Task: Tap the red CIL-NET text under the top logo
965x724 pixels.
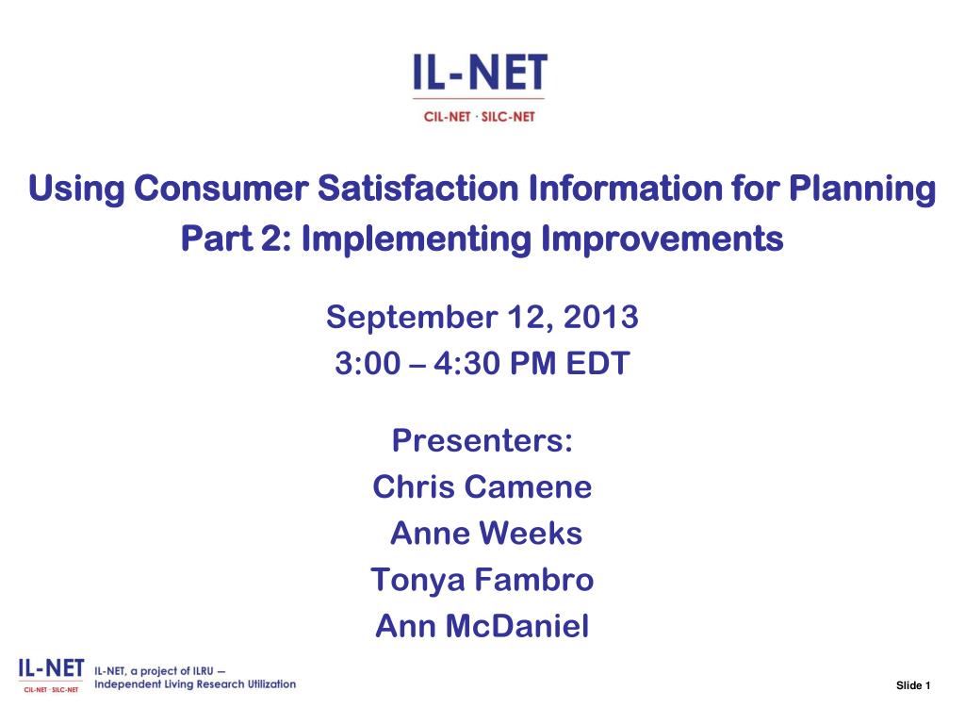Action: pyautogui.click(x=447, y=117)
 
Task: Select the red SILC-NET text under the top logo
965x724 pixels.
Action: pyautogui.click(x=508, y=117)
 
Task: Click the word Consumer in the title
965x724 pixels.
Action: pyautogui.click(x=221, y=188)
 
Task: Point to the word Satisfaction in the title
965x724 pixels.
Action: pyautogui.click(x=417, y=188)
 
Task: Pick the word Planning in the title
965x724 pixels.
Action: pyautogui.click(x=862, y=189)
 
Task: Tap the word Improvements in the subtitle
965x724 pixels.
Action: pyautogui.click(x=662, y=239)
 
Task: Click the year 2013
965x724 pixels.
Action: pyautogui.click(x=600, y=317)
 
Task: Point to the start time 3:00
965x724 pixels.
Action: pyautogui.click(x=368, y=363)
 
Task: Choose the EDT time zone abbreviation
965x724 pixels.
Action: pyautogui.click(x=597, y=363)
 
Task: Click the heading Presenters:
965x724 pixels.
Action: pyautogui.click(x=482, y=440)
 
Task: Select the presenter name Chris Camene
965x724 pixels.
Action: pyautogui.click(x=482, y=487)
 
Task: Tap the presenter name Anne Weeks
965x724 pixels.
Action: pyautogui.click(x=486, y=534)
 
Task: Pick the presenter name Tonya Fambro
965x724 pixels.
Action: pyautogui.click(x=482, y=581)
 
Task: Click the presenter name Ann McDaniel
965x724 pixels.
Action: pyautogui.click(x=482, y=626)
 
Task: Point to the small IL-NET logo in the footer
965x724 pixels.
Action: pyautogui.click(x=51, y=675)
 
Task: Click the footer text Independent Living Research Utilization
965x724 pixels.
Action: pyautogui.click(x=195, y=684)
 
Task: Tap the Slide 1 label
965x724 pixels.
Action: pyautogui.click(x=913, y=685)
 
